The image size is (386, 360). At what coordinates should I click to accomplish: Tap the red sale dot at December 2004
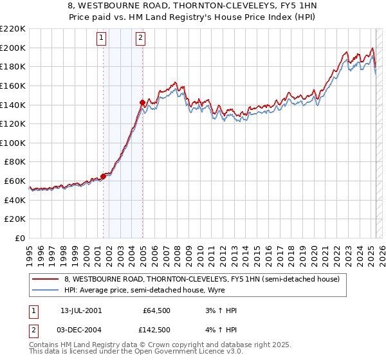point(142,102)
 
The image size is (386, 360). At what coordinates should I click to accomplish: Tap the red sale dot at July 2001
point(103,176)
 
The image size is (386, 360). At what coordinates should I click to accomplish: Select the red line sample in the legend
point(46,280)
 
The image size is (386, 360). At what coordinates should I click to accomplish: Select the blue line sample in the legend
point(46,290)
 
